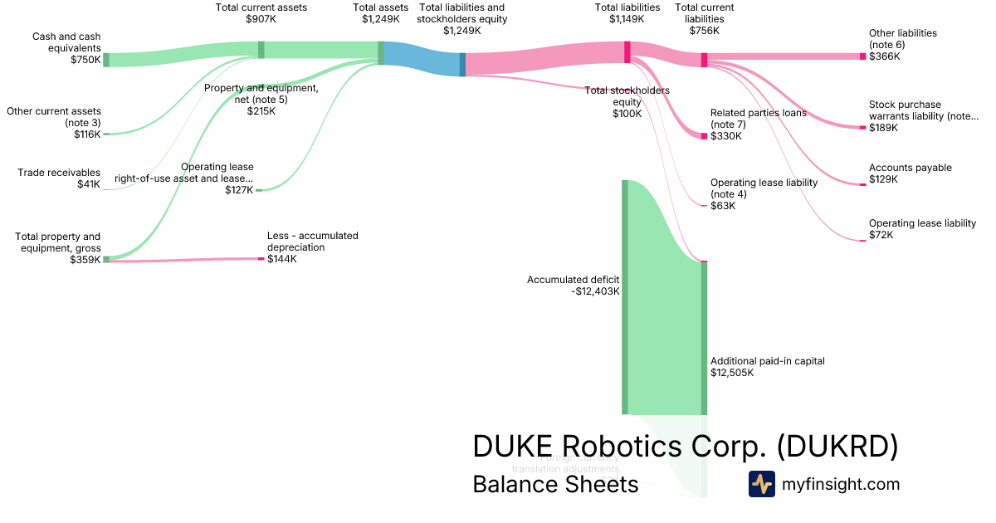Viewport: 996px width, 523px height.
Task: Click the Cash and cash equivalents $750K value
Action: [85, 60]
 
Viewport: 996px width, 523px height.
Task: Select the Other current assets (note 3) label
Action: [54, 116]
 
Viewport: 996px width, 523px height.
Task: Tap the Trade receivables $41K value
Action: [88, 184]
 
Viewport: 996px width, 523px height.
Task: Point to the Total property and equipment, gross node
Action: [105, 259]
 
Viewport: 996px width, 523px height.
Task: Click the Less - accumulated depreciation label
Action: [312, 242]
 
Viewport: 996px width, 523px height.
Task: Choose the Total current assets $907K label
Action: [261, 7]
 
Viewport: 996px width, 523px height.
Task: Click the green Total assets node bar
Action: [381, 53]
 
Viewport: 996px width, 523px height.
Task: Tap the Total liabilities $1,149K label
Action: [627, 7]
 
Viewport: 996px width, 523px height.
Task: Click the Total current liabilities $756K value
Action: [705, 30]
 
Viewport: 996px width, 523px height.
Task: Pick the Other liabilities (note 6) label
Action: [902, 38]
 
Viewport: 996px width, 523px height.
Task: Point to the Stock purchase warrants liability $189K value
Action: [884, 128]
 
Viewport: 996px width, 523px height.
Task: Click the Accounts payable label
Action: [910, 168]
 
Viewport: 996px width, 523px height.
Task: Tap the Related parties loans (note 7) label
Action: [758, 119]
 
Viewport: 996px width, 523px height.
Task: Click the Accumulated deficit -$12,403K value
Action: [596, 291]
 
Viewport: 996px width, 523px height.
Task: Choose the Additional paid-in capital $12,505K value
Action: [732, 373]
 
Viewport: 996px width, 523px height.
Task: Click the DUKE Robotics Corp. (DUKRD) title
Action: [685, 446]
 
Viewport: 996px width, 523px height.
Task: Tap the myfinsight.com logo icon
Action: [761, 484]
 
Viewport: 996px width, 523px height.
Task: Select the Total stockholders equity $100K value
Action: [627, 114]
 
